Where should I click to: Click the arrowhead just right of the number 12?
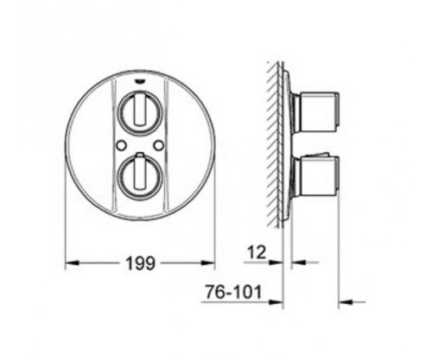pos(278,262)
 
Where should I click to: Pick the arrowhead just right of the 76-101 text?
pos(278,301)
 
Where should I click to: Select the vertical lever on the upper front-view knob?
pos(140,112)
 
